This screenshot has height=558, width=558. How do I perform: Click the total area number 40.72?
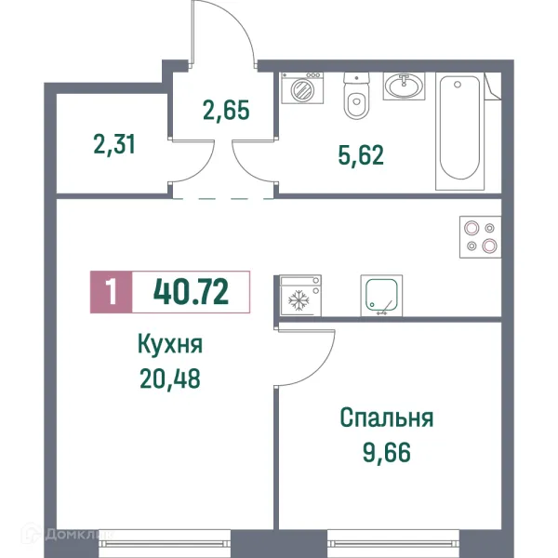(192, 291)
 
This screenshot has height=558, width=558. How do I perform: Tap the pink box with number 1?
(112, 291)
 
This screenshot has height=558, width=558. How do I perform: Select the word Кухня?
(169, 346)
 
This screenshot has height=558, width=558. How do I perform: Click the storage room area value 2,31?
(115, 144)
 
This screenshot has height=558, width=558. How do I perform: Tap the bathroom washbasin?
(403, 87)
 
